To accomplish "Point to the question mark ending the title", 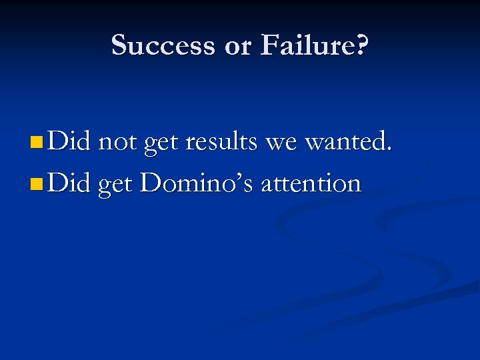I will (x=361, y=45).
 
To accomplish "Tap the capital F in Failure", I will (x=268, y=45).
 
